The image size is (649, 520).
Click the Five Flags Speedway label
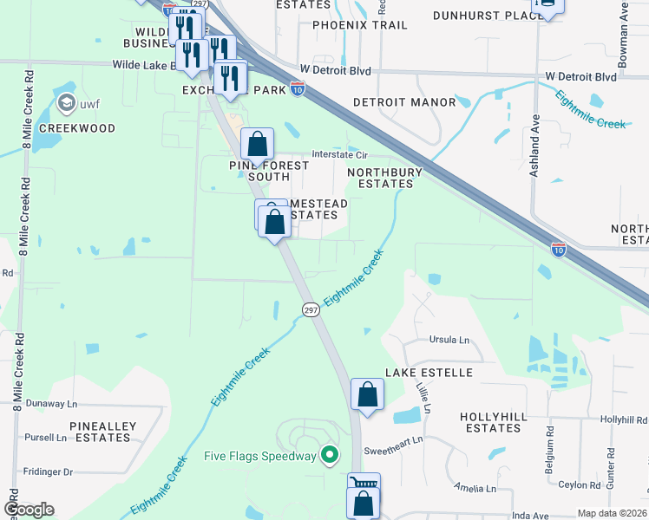pyautogui.click(x=259, y=456)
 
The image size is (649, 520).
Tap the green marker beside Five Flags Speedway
pyautogui.click(x=329, y=455)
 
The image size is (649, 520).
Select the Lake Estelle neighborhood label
pyautogui.click(x=429, y=373)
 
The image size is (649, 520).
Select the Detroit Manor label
pyautogui.click(x=404, y=102)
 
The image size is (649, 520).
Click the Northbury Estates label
pyautogui.click(x=385, y=178)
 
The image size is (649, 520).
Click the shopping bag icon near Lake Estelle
pyautogui.click(x=368, y=394)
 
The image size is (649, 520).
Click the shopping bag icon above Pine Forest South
pyautogui.click(x=258, y=144)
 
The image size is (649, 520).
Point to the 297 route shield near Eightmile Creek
pyautogui.click(x=310, y=309)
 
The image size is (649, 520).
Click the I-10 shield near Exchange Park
pyautogui.click(x=297, y=88)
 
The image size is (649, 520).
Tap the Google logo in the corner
pyautogui.click(x=29, y=510)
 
